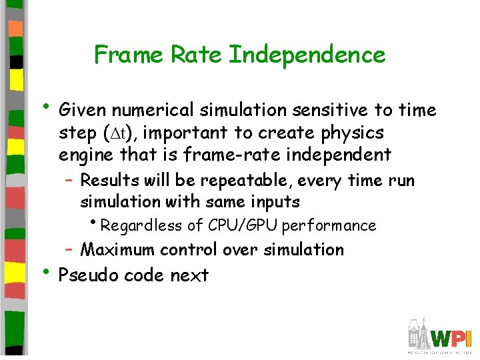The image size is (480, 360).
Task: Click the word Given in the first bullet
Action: tap(83, 110)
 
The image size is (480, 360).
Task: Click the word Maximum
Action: tap(115, 250)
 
